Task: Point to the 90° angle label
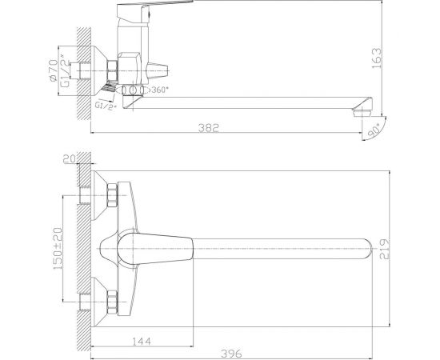376,128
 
